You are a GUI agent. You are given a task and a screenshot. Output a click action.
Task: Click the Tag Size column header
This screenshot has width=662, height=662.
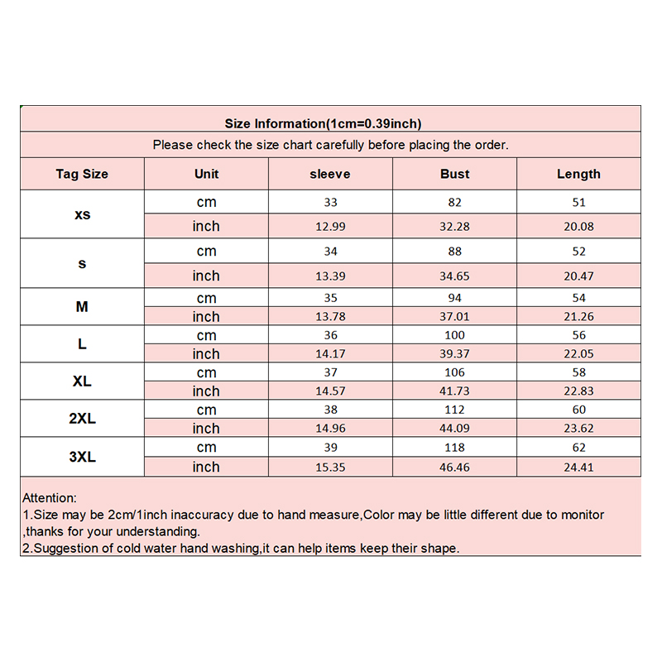pyautogui.click(x=82, y=174)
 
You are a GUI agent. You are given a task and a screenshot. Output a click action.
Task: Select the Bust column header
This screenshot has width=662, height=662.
pyautogui.click(x=454, y=174)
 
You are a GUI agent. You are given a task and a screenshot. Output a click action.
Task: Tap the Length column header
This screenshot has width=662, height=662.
pyautogui.click(x=578, y=174)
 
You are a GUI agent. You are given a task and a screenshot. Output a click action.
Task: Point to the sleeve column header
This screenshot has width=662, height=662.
pyautogui.click(x=330, y=174)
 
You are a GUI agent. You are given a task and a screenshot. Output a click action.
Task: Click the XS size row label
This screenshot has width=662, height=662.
pyautogui.click(x=82, y=214)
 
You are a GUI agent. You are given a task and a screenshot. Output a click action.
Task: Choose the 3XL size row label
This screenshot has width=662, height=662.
pyautogui.click(x=82, y=456)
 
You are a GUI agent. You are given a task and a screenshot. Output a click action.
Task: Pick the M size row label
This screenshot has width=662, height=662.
pyautogui.click(x=82, y=307)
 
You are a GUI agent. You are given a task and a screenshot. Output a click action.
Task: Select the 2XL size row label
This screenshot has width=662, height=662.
pyautogui.click(x=82, y=419)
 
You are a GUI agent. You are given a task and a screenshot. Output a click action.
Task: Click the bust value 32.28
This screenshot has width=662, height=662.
pyautogui.click(x=454, y=227)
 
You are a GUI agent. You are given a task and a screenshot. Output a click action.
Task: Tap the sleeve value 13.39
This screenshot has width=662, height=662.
pyautogui.click(x=330, y=276)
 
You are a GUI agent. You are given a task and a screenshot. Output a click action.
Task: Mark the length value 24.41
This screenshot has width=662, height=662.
pyautogui.click(x=578, y=468)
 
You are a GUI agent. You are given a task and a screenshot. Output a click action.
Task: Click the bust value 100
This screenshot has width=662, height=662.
pyautogui.click(x=454, y=335)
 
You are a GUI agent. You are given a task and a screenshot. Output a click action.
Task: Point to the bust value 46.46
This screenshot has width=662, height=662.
pyautogui.click(x=454, y=468)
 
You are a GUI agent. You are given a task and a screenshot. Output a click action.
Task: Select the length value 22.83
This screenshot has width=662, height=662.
pyautogui.click(x=578, y=391)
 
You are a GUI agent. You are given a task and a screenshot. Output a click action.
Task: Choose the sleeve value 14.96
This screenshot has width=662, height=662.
pyautogui.click(x=330, y=429)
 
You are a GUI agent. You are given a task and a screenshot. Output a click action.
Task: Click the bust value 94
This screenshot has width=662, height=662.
pyautogui.click(x=454, y=298)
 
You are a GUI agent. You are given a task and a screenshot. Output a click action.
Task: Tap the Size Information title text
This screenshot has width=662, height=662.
pyautogui.click(x=324, y=124)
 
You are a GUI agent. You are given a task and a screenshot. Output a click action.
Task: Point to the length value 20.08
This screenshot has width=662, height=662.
pyautogui.click(x=578, y=227)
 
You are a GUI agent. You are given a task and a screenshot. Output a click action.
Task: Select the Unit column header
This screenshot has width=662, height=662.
pyautogui.click(x=206, y=174)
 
